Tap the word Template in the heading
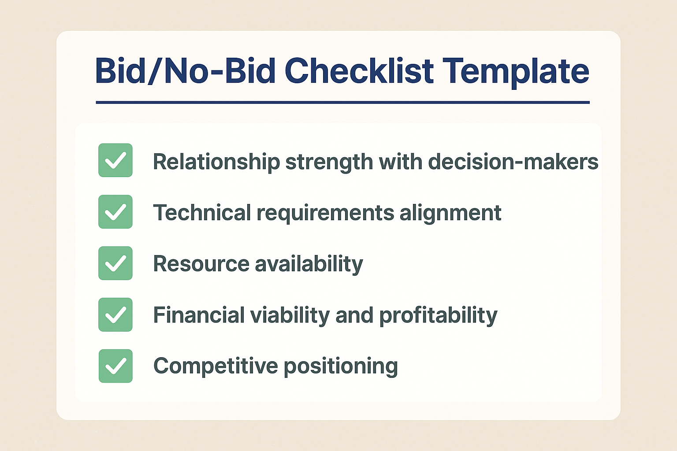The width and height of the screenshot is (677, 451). click(516, 73)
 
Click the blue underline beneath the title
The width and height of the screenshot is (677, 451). click(343, 103)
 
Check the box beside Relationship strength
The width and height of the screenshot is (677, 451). click(115, 160)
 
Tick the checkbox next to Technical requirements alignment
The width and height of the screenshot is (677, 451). click(115, 211)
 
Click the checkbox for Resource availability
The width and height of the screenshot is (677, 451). click(115, 263)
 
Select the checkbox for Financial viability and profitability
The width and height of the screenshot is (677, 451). click(115, 314)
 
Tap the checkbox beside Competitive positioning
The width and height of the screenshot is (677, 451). click(115, 366)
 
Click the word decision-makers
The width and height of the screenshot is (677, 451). click(513, 161)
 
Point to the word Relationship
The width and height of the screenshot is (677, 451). click(216, 162)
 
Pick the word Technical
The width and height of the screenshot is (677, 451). click(202, 212)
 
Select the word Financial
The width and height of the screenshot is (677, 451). click(199, 315)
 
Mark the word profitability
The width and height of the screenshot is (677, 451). click(438, 316)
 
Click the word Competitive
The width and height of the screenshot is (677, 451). click(216, 366)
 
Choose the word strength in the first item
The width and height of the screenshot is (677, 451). click(329, 163)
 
